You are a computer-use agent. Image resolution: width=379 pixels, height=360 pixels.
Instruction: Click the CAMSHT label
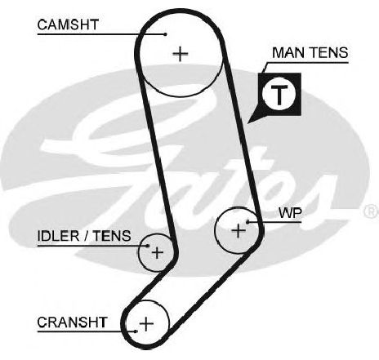point(68,24)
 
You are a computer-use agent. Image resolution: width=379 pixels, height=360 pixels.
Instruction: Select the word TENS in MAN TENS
point(329,52)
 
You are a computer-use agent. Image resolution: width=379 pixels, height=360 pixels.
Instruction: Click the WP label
point(290,213)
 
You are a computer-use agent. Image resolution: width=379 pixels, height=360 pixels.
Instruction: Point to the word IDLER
point(58,236)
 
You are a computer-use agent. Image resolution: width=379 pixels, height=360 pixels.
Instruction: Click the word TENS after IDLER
point(112,236)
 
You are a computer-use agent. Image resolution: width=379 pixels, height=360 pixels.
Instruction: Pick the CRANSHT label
point(72,322)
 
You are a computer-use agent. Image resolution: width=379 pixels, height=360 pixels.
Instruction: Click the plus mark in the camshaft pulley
point(181,54)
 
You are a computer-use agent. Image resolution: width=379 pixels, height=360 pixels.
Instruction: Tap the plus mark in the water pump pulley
point(239,231)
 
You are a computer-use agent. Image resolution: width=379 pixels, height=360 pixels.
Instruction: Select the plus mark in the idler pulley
point(158,253)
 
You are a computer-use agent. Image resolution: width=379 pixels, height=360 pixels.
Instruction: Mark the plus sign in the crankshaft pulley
point(146,324)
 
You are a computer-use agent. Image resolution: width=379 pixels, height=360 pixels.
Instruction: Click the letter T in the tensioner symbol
point(279,95)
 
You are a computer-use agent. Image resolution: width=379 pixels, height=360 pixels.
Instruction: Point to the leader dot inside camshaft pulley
point(165,34)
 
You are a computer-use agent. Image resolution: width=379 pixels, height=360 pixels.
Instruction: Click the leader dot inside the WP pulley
point(247,222)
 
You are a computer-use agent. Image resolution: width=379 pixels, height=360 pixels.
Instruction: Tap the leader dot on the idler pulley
point(148,246)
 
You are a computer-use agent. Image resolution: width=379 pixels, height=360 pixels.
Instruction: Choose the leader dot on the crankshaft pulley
point(136,331)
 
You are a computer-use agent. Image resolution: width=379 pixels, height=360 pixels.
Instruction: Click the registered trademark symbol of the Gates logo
point(371,211)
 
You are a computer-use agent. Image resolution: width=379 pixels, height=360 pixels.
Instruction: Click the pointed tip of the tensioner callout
point(247,123)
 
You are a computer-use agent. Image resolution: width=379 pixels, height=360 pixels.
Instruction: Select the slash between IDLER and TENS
point(86,236)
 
